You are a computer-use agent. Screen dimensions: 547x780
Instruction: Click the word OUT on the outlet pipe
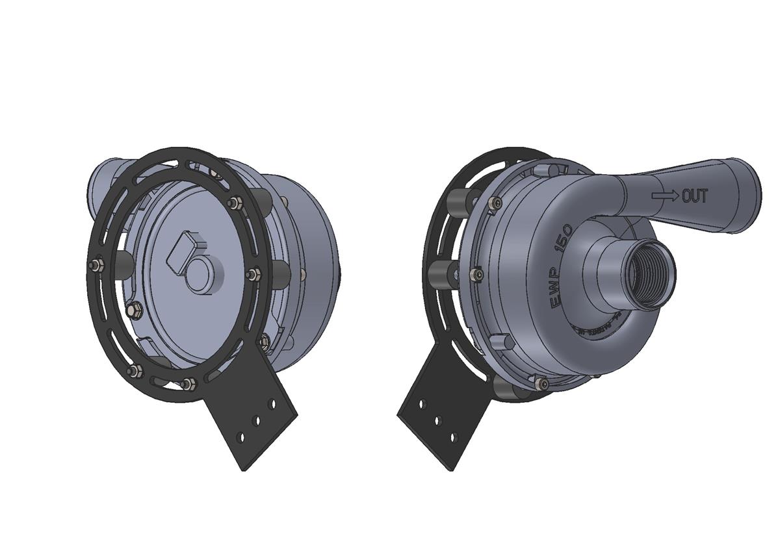tap(694, 196)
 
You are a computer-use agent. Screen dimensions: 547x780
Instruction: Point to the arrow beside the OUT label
tap(666, 194)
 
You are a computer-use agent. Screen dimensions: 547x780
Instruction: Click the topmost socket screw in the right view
tap(497, 203)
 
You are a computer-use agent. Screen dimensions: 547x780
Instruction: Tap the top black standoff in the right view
tap(461, 203)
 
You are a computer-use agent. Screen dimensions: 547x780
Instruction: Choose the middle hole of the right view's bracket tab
tap(438, 420)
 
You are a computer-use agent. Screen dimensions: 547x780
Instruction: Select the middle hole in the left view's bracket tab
tap(257, 421)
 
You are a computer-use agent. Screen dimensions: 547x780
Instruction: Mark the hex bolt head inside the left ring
tap(136, 311)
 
